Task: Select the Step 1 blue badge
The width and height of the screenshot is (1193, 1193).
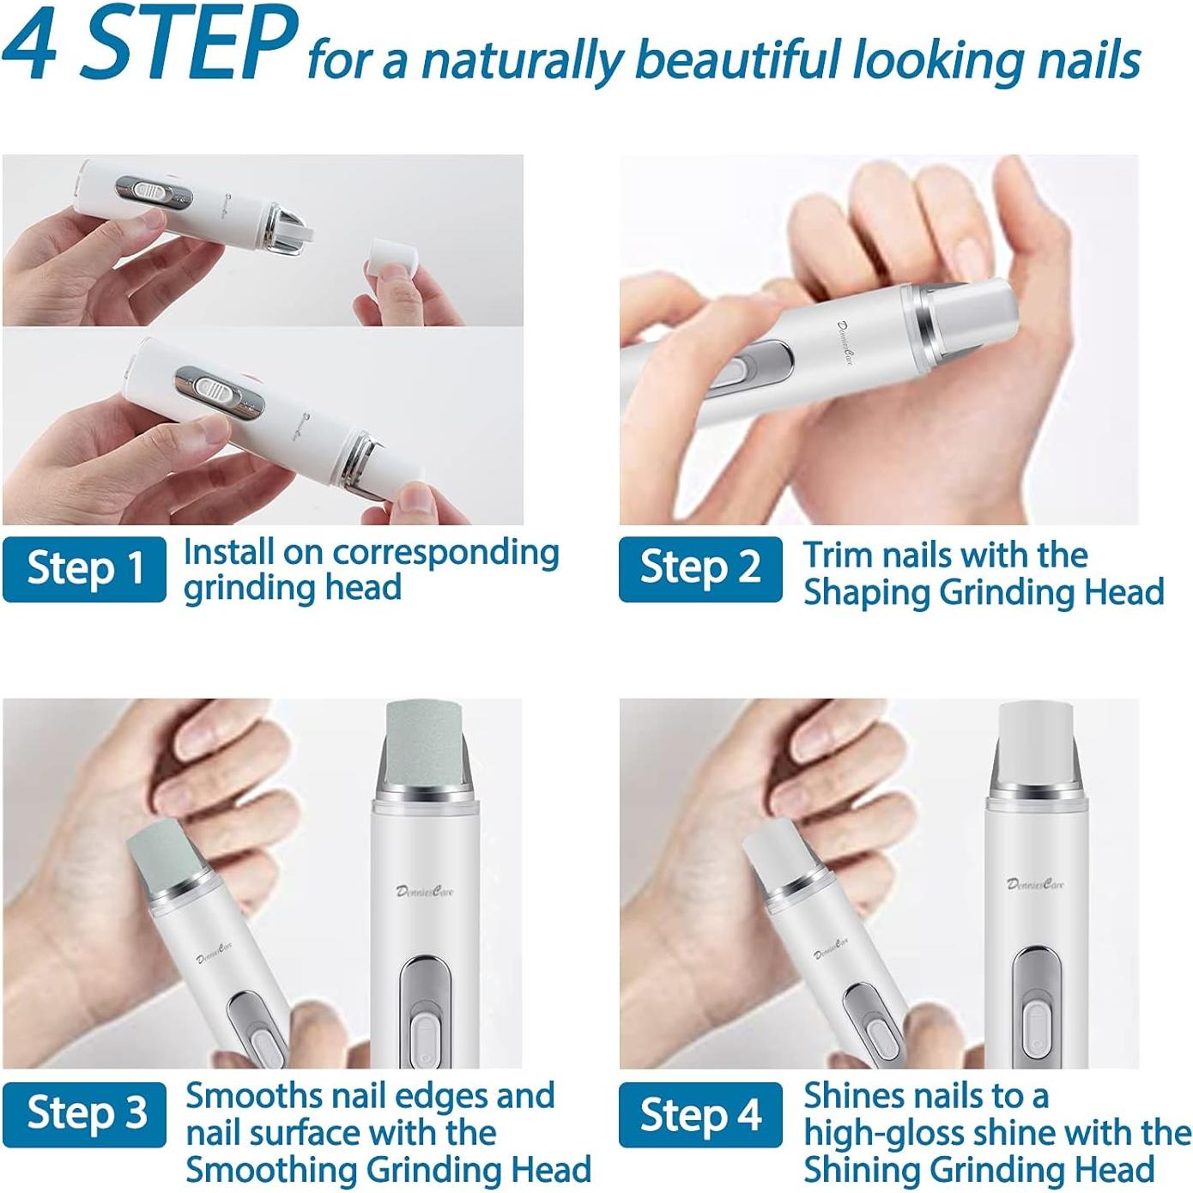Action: pyautogui.click(x=84, y=569)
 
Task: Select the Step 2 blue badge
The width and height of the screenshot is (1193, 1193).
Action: pyautogui.click(x=700, y=569)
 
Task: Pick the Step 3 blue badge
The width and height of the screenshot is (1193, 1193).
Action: pyautogui.click(x=84, y=1114)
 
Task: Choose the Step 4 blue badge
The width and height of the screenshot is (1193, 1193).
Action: pyautogui.click(x=700, y=1114)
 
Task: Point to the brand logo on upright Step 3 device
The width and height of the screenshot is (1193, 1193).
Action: pyautogui.click(x=425, y=891)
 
